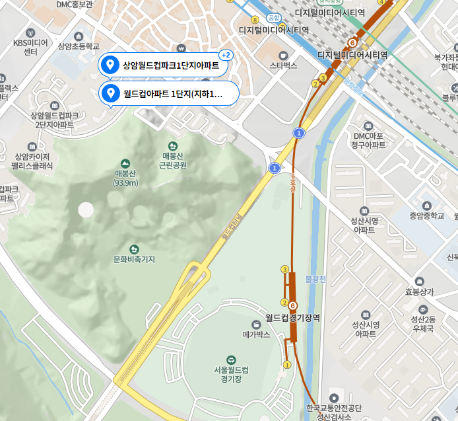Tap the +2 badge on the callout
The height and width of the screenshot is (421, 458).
coord(226,55)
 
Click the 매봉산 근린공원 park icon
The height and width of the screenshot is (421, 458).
coord(173,145)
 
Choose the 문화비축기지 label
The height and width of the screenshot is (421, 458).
coord(134,259)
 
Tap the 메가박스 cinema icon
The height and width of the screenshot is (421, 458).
coord(257,324)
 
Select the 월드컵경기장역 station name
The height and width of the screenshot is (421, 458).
coord(292,318)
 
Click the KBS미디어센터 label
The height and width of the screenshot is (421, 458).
coord(30,47)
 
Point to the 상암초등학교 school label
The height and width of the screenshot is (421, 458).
coord(79,47)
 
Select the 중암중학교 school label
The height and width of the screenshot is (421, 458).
coord(426,215)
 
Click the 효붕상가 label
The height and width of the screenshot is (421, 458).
coord(420,291)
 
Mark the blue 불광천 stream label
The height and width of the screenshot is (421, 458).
coord(316,280)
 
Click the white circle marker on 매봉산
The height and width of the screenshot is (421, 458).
coord(86,210)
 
